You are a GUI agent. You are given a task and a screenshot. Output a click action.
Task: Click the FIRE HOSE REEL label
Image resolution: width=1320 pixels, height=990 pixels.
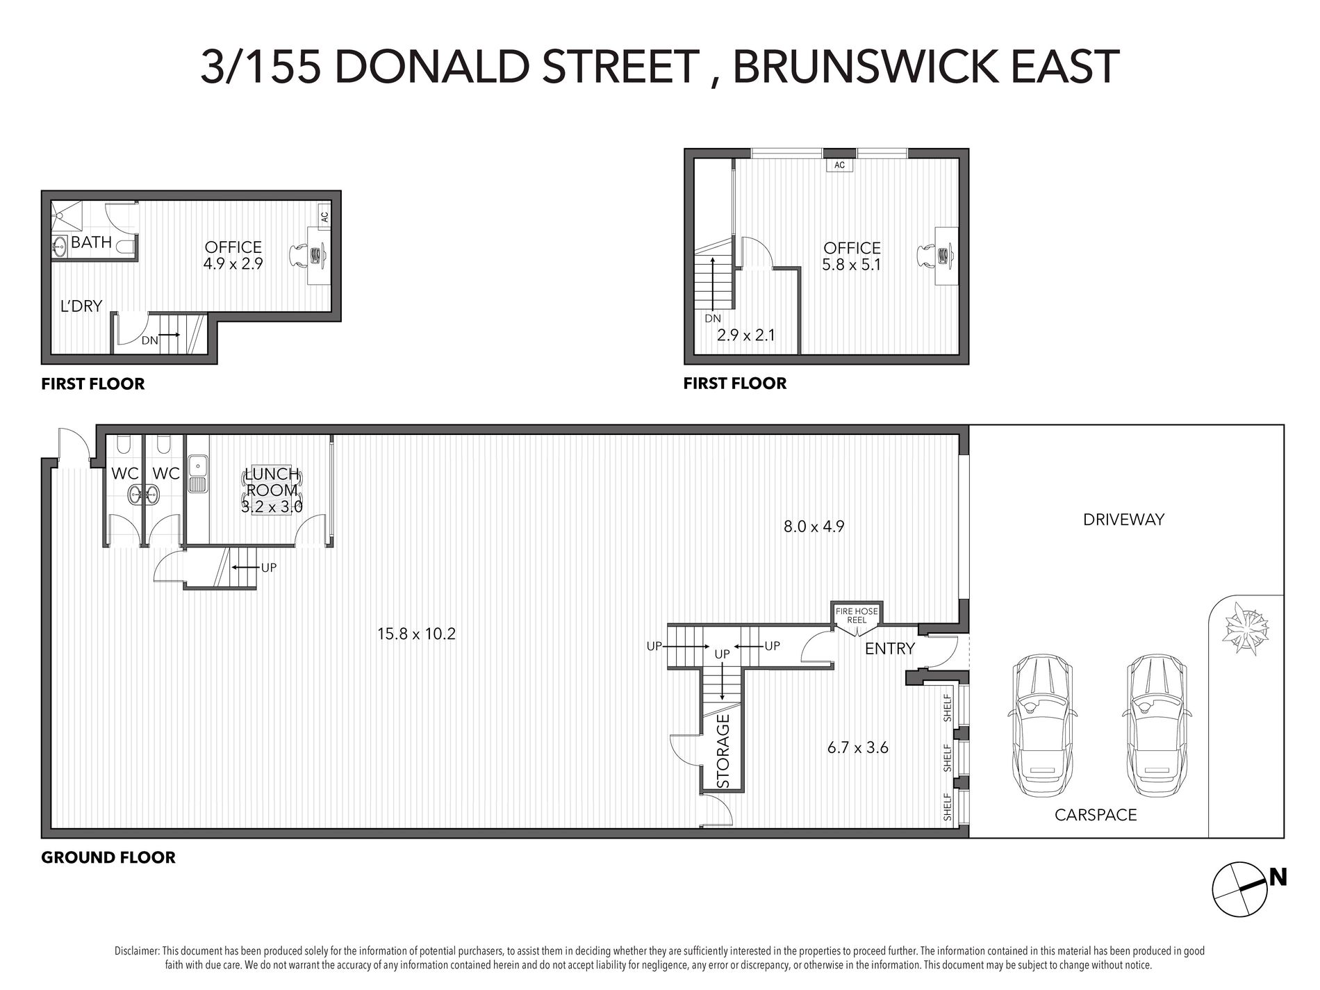857,615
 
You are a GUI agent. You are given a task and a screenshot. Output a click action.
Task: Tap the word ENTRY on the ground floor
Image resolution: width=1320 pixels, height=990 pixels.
890,649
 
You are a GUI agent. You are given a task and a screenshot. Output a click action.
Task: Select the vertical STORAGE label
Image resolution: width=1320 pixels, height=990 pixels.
723,751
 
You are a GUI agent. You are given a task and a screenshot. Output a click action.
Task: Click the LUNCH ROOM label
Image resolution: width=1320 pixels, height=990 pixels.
272,481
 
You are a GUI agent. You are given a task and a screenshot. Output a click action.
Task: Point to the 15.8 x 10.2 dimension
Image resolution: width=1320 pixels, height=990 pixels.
416,634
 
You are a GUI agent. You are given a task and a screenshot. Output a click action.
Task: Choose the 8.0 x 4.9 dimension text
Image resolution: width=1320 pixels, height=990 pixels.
814,527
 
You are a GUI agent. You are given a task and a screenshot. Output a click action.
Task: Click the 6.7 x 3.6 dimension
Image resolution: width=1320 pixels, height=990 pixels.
858,748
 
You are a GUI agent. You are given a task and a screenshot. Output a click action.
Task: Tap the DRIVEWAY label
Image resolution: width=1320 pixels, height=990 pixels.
1123,519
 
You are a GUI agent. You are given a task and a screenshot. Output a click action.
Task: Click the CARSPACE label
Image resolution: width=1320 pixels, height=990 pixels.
1096,815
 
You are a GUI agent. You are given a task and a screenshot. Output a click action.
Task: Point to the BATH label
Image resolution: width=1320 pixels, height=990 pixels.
91,242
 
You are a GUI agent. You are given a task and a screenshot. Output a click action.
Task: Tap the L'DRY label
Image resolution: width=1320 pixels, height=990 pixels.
81,306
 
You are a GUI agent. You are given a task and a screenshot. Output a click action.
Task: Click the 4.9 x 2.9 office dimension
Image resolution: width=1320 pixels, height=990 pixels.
233,264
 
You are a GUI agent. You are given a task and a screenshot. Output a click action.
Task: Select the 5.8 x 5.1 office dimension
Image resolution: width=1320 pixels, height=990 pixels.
852,265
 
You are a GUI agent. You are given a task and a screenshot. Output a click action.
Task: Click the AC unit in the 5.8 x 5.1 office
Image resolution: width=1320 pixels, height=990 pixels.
839,165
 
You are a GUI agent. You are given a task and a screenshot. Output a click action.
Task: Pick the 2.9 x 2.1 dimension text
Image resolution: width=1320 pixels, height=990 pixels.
745,335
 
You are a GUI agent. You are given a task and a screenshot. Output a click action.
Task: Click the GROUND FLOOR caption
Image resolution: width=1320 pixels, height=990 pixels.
108,857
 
